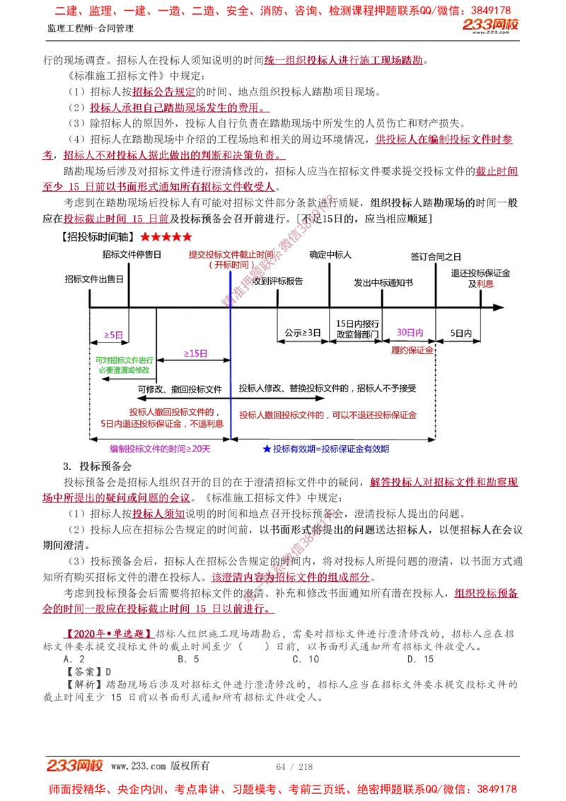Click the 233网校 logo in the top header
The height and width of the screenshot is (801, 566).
pyautogui.click(x=490, y=25)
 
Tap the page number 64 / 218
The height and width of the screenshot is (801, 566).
pyautogui.click(x=294, y=766)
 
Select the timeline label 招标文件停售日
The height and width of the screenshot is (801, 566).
pyautogui.click(x=132, y=254)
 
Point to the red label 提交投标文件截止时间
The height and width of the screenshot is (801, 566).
pyautogui.click(x=231, y=255)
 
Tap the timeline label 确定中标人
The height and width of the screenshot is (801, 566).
pyautogui.click(x=330, y=254)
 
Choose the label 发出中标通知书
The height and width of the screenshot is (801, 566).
pyautogui.click(x=383, y=282)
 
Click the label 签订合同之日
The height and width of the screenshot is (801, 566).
pyautogui.click(x=436, y=256)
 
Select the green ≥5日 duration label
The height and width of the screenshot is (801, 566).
pyautogui.click(x=113, y=334)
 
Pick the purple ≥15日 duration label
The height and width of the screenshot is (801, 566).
pyautogui.click(x=195, y=352)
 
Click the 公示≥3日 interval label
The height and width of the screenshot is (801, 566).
pyautogui.click(x=303, y=332)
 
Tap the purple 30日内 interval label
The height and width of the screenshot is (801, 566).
pyautogui.click(x=410, y=332)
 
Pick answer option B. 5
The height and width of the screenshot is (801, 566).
pyautogui.click(x=188, y=659)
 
